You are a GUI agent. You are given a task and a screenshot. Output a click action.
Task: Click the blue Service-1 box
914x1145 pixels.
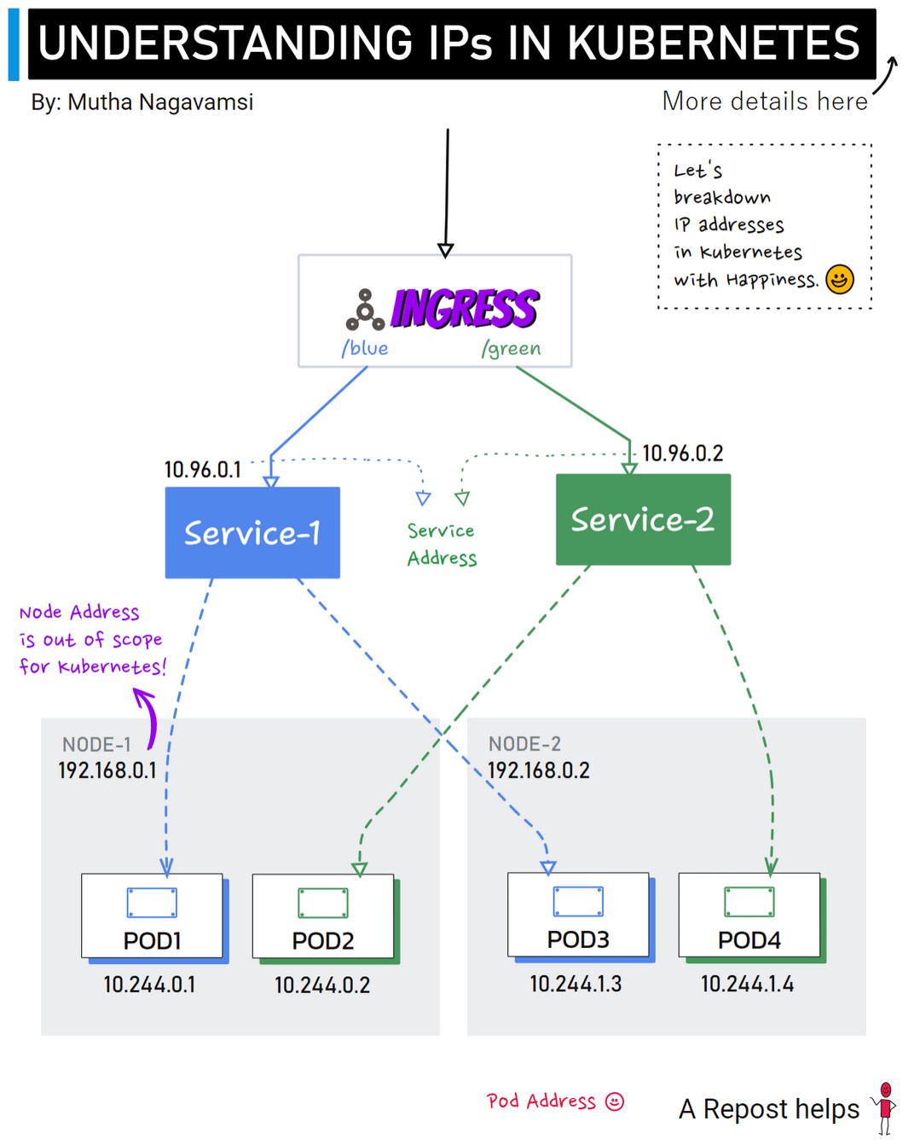[x=252, y=532]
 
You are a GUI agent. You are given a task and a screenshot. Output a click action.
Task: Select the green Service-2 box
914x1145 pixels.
[x=643, y=519]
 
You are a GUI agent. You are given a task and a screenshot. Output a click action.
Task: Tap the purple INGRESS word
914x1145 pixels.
[x=465, y=309]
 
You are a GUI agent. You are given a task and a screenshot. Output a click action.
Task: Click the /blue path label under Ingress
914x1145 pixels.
[x=365, y=348]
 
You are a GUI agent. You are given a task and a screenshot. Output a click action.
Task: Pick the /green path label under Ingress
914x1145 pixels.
[x=511, y=348]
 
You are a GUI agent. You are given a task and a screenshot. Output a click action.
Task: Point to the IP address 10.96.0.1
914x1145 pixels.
[x=202, y=469]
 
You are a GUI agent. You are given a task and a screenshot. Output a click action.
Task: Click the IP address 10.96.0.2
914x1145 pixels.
[x=682, y=453]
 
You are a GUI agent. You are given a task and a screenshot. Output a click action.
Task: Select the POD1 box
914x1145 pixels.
[x=153, y=916]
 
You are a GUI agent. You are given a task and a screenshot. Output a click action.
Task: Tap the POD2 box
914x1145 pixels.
[x=323, y=916]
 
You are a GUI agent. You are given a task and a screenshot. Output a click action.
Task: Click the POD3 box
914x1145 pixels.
[x=578, y=915]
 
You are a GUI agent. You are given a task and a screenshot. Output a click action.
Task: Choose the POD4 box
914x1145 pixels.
[x=749, y=915]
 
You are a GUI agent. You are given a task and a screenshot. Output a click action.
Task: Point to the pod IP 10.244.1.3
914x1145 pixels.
[x=576, y=984]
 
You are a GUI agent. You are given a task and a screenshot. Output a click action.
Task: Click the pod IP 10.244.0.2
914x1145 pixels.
[x=322, y=985]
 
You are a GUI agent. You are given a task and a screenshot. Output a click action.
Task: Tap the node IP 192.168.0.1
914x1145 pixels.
[x=107, y=770]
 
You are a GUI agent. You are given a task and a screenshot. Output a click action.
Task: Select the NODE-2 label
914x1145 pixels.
[x=524, y=744]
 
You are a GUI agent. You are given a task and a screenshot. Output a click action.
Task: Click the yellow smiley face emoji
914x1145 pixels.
[x=840, y=279]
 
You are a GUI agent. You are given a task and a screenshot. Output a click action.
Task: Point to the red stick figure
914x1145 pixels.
[x=886, y=1107]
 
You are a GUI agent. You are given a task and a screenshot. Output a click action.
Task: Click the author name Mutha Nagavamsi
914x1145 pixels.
[x=160, y=102]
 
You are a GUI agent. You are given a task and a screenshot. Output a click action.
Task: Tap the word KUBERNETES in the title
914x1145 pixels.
[x=714, y=43]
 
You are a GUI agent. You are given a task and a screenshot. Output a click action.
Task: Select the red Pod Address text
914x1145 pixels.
[x=541, y=1101]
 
